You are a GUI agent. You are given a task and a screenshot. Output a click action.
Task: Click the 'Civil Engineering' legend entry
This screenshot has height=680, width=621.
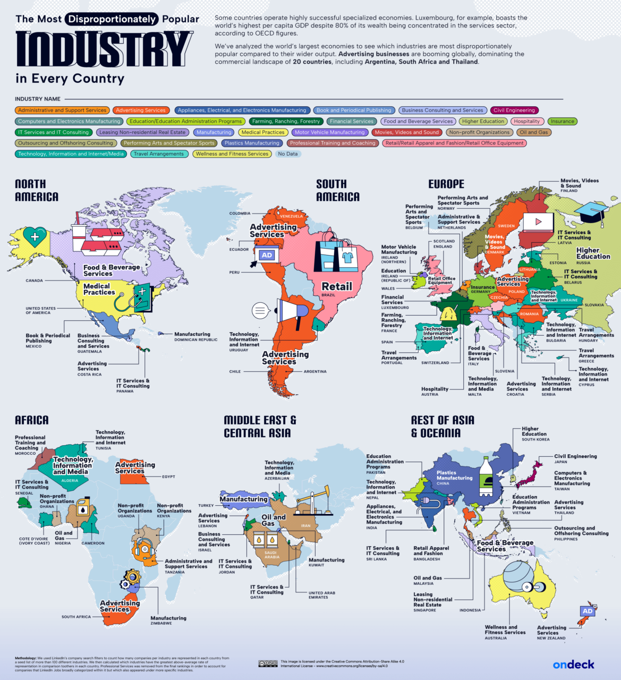(x=514, y=110)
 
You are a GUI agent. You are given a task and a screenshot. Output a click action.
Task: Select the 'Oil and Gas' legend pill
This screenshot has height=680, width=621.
(x=533, y=132)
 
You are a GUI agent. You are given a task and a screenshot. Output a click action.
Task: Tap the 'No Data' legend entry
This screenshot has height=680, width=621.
(x=288, y=154)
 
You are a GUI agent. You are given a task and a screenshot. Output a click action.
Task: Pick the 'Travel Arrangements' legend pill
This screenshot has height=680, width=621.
(x=158, y=154)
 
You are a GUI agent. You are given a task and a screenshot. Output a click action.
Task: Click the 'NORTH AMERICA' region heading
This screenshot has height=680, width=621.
(x=37, y=190)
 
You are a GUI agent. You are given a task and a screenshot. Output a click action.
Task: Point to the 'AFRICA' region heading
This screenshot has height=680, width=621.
(x=32, y=420)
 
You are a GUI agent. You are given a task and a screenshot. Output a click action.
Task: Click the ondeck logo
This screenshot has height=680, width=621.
(x=573, y=665)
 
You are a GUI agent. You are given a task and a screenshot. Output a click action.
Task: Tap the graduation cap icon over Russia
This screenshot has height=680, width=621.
(x=591, y=212)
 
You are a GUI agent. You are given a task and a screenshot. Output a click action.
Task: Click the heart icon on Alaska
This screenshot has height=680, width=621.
(x=34, y=236)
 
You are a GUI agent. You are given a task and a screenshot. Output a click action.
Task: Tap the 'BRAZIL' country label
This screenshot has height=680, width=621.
(x=328, y=295)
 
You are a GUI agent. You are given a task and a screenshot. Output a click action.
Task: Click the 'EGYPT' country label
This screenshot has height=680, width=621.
(x=168, y=477)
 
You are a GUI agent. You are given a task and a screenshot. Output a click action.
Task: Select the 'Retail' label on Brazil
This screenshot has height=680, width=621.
(x=337, y=286)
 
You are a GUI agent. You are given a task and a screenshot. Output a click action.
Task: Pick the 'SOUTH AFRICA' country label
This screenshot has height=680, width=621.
(x=76, y=617)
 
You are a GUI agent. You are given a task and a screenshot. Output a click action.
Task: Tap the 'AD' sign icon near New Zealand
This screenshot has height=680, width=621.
(x=587, y=611)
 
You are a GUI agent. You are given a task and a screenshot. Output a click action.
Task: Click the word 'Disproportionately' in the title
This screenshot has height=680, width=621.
(x=112, y=20)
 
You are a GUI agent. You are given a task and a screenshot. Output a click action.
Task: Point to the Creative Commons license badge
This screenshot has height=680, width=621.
(x=268, y=664)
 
